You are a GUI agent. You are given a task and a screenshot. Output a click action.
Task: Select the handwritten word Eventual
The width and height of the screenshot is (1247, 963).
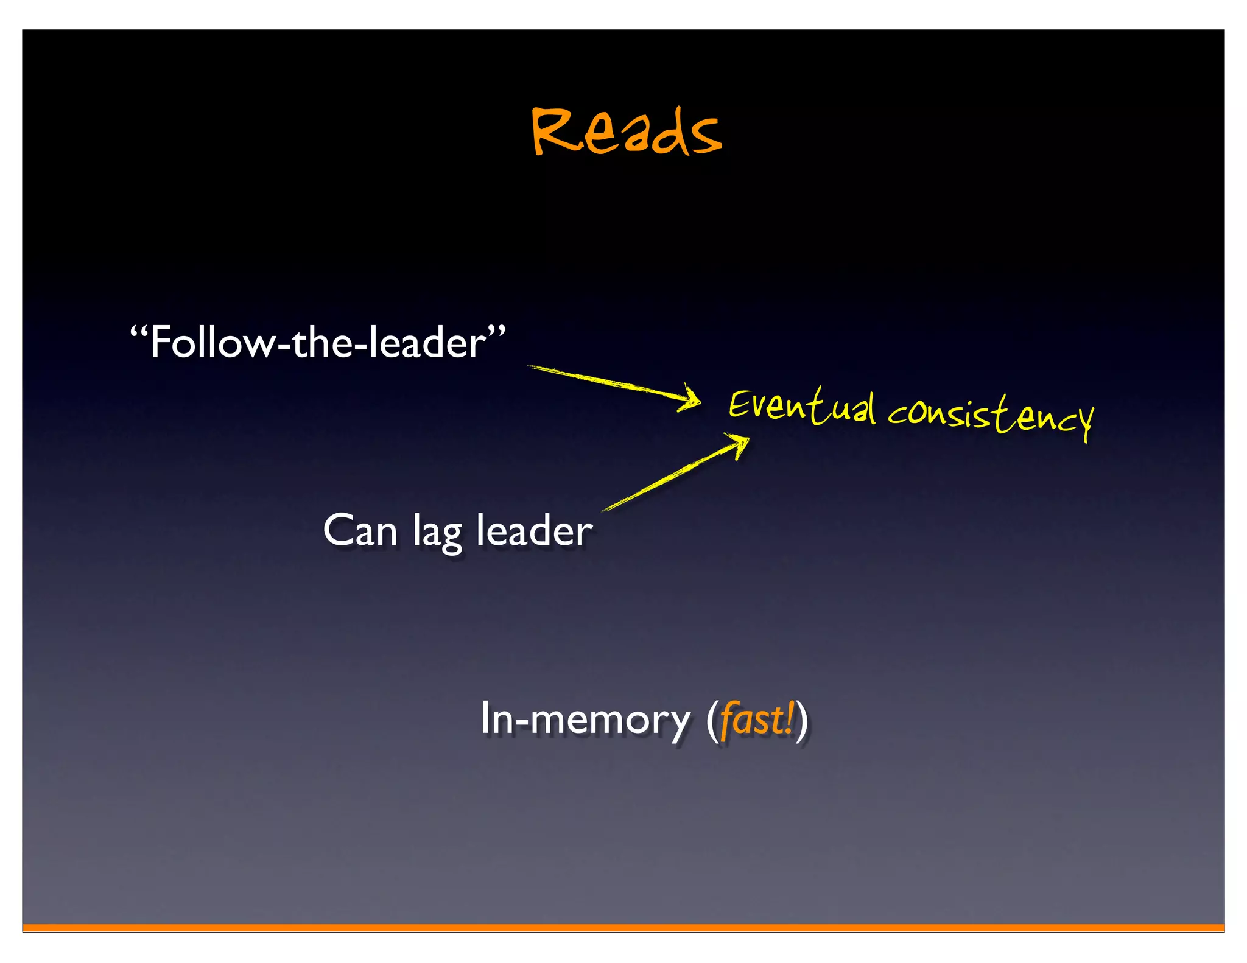click(x=802, y=406)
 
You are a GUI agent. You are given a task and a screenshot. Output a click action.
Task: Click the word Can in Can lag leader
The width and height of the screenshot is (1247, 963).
click(x=360, y=531)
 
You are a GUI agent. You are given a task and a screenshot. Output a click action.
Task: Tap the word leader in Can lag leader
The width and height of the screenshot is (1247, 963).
click(x=533, y=531)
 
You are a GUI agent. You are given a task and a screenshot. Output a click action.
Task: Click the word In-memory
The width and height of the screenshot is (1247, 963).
click(x=585, y=720)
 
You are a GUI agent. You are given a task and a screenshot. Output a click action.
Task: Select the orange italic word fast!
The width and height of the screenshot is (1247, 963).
click(x=757, y=720)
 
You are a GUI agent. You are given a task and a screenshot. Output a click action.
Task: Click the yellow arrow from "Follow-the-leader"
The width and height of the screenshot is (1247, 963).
click(x=609, y=383)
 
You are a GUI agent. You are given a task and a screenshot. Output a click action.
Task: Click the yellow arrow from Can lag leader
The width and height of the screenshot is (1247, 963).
click(x=670, y=475)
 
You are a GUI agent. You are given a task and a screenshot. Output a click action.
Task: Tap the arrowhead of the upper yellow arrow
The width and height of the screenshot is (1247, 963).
click(x=691, y=399)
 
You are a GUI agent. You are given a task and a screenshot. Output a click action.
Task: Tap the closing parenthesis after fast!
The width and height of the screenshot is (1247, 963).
click(x=803, y=721)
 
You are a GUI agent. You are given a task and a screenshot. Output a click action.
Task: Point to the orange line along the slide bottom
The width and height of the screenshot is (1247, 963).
click(x=623, y=928)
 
